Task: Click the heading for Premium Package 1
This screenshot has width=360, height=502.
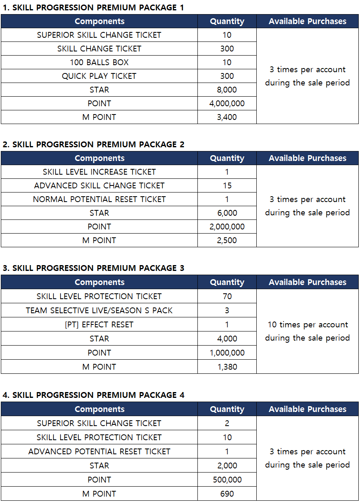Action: pyautogui.click(x=93, y=7)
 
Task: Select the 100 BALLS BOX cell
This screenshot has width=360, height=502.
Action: pyautogui.click(x=99, y=62)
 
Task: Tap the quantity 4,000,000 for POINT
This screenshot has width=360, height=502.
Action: pyautogui.click(x=227, y=103)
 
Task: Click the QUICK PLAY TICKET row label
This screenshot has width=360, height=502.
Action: pyautogui.click(x=99, y=76)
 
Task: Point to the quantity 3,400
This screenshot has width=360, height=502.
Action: pyautogui.click(x=227, y=117)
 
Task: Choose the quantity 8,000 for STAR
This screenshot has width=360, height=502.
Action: pyautogui.click(x=227, y=90)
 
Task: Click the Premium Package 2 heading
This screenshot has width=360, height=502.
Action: pyautogui.click(x=93, y=144)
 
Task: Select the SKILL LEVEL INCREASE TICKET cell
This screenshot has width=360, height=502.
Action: pyautogui.click(x=99, y=172)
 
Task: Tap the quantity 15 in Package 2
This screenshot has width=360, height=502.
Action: pyautogui.click(x=227, y=185)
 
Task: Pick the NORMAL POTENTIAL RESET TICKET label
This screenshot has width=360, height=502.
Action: pyautogui.click(x=99, y=199)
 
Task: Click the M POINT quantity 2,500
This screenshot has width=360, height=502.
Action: pyautogui.click(x=227, y=240)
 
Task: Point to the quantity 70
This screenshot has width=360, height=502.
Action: pyautogui.click(x=227, y=296)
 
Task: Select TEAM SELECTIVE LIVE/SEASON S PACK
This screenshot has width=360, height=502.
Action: pyautogui.click(x=99, y=310)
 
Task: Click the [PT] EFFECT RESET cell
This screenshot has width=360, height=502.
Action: pyautogui.click(x=99, y=324)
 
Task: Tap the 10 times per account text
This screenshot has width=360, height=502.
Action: pyautogui.click(x=307, y=324)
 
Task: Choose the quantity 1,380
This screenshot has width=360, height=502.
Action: pyautogui.click(x=227, y=367)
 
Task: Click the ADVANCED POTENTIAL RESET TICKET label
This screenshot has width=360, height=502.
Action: pyautogui.click(x=99, y=451)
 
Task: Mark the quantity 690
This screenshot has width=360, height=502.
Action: pyautogui.click(x=227, y=494)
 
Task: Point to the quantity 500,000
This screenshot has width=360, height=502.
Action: pyautogui.click(x=227, y=480)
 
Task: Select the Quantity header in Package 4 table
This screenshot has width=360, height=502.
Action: pyautogui.click(x=227, y=409)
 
